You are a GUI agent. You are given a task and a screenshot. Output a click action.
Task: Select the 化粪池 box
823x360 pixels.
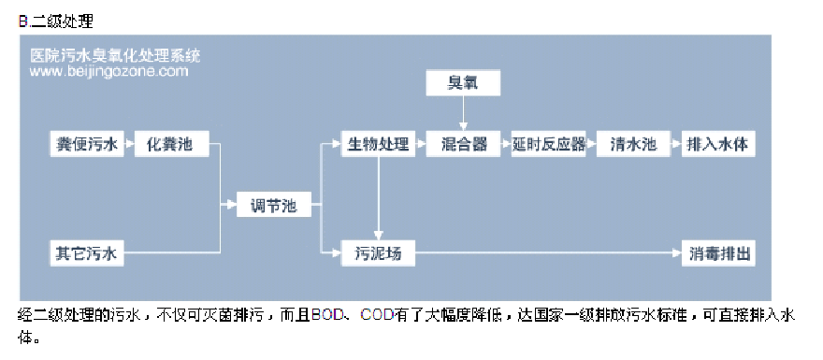tap(170, 145)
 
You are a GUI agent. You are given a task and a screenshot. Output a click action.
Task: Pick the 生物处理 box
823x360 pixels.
tap(378, 145)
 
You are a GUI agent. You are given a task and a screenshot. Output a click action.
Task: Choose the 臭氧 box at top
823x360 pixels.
tap(463, 84)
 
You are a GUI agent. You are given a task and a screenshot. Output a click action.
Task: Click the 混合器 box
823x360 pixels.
tap(463, 145)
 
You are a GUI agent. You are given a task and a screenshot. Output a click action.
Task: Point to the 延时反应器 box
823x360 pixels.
tap(549, 145)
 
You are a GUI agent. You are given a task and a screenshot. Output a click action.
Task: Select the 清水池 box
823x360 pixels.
tap(633, 145)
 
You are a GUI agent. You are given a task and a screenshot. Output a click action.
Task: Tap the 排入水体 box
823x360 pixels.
tap(715, 145)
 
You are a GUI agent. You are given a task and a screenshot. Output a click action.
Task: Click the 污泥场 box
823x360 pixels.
tap(378, 252)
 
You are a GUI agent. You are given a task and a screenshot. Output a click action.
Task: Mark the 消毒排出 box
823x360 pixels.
tap(715, 252)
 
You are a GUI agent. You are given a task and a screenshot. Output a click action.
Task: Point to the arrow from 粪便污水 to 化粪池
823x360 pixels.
tap(130, 145)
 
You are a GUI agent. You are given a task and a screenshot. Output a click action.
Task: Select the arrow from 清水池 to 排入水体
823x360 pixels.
tap(673, 145)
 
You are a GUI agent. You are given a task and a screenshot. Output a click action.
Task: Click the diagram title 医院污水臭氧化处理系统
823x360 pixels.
tap(115, 55)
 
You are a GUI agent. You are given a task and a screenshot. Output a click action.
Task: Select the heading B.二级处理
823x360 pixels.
tap(55, 20)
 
